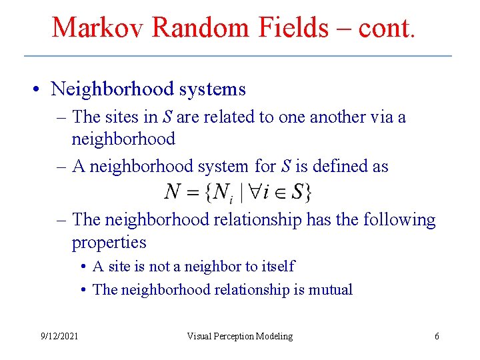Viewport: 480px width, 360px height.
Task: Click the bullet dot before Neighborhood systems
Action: tap(41, 89)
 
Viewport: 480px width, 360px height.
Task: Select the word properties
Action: tap(109, 243)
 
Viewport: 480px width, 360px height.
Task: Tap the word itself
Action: tap(279, 267)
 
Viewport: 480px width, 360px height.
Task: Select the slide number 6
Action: tap(437, 336)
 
